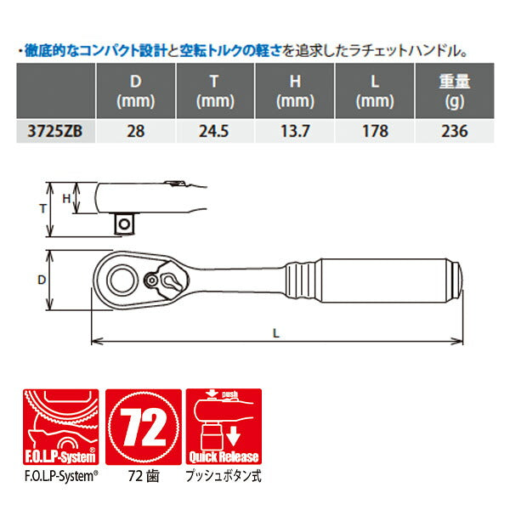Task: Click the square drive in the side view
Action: (126, 223)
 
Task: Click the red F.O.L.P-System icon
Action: (57, 424)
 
